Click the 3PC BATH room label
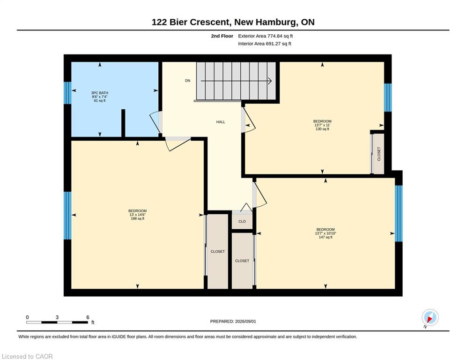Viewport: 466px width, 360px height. tap(100, 93)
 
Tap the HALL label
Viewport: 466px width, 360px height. tap(221, 122)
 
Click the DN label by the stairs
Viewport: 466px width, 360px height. tap(187, 81)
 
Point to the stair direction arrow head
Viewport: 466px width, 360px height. tap(270, 81)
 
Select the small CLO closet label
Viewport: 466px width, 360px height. tap(242, 221)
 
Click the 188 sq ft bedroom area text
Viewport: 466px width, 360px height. tap(137, 219)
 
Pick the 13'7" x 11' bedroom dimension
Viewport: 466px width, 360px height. tap(322, 125)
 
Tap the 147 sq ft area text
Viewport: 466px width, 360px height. tap(325, 237)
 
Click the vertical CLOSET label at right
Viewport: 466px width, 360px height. tap(378, 154)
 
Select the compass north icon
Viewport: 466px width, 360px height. tap(430, 318)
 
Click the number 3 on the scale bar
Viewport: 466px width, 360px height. tap(57, 317)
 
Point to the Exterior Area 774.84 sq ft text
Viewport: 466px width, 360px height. tap(266, 36)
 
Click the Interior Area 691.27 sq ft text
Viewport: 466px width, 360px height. tap(265, 44)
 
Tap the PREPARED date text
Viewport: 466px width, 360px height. tap(233, 321)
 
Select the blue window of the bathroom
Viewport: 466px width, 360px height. tap(68, 93)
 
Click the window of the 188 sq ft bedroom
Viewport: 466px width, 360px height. tap(68, 216)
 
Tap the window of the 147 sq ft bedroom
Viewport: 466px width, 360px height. tap(399, 214)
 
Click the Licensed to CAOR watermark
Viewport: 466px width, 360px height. tap(27, 356)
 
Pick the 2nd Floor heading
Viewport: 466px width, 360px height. tap(222, 36)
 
